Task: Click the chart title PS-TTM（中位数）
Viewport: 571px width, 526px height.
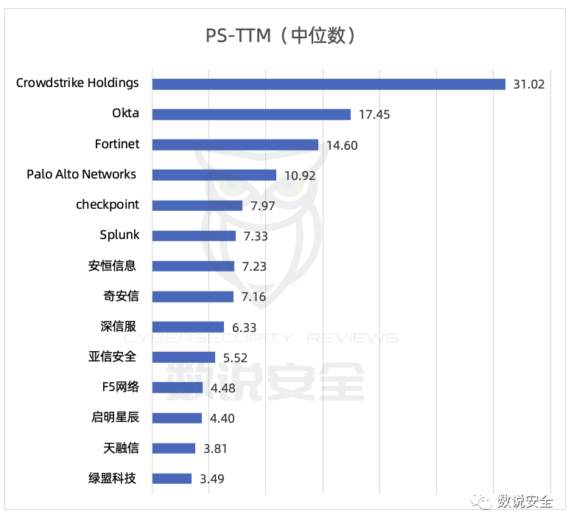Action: [280, 35]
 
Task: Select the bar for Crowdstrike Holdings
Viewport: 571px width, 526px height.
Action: [329, 84]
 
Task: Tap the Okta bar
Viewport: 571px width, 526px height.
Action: [252, 114]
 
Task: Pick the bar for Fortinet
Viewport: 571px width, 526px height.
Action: [235, 145]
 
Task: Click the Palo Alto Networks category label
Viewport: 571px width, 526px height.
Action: [81, 174]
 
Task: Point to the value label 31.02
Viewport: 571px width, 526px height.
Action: [529, 85]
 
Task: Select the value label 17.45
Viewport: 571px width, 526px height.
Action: [374, 115]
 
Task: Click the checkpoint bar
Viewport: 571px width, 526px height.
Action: [197, 206]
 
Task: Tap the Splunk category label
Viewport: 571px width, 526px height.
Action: [119, 235]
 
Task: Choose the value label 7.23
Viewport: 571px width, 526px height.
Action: [254, 266]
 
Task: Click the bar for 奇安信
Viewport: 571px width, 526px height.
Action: [193, 297]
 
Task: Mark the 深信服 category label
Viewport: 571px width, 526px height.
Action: [119, 326]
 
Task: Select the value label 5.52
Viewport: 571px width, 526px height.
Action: [235, 358]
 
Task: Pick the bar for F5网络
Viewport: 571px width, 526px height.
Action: [178, 387]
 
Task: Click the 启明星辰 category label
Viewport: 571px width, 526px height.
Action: [115, 417]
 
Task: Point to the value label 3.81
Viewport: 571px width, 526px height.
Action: [215, 449]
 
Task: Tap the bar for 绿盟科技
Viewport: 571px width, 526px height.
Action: [172, 479]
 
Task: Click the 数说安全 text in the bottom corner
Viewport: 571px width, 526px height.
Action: [525, 501]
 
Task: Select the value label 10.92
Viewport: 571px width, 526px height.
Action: [300, 176]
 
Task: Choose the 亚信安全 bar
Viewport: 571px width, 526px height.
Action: [184, 357]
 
